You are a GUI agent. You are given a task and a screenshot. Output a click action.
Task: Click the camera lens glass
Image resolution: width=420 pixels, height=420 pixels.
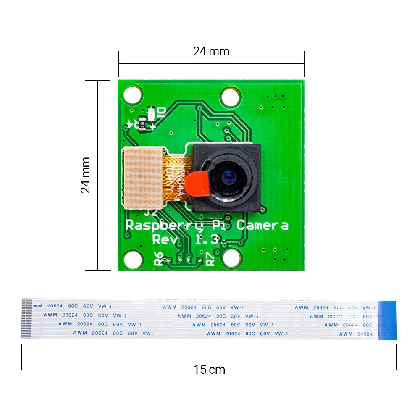[x=229, y=178]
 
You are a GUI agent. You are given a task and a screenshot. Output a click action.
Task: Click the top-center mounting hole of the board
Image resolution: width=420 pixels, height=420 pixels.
[x=230, y=97]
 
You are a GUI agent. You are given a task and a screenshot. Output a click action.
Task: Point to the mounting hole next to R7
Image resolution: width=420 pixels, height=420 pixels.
[x=231, y=257]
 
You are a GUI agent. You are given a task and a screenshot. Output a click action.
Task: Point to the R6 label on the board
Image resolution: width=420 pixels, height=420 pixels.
[x=158, y=259]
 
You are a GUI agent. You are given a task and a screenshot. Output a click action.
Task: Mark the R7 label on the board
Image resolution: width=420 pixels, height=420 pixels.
[x=210, y=259]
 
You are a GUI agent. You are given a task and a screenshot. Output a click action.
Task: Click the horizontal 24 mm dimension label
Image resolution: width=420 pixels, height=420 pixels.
[x=211, y=51]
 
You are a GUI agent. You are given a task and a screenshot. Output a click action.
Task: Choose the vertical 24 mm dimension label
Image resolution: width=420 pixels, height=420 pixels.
[x=85, y=175]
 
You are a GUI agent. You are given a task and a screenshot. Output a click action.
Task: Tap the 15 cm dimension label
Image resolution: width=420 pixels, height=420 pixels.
[x=209, y=370]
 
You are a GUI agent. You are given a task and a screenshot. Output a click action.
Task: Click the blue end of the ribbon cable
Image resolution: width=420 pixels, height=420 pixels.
[x=387, y=320]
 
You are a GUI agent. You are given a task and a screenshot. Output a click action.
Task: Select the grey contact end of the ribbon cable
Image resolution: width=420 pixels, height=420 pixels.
[x=26, y=319]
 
